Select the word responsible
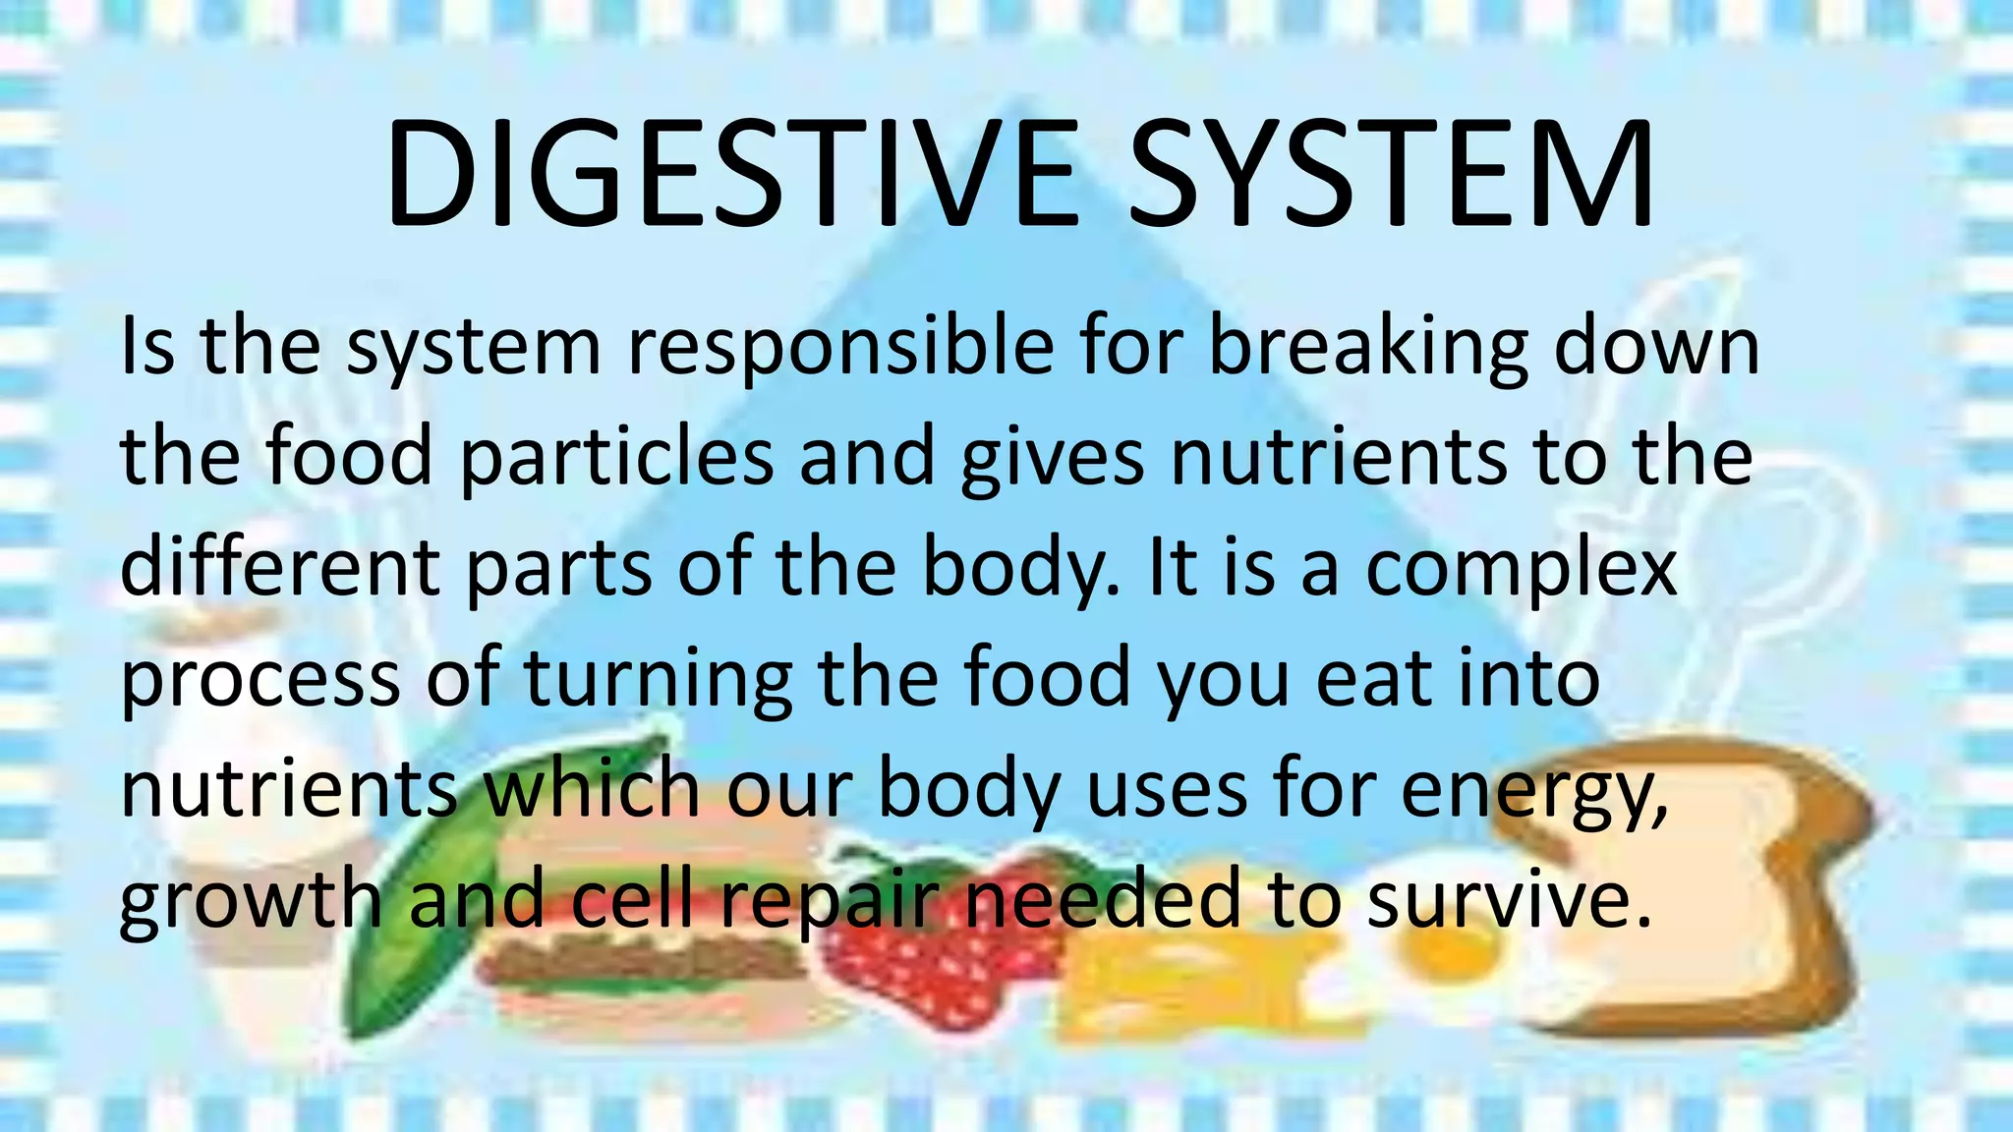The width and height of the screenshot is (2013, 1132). [840, 348]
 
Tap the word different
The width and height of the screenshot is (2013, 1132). [280, 568]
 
